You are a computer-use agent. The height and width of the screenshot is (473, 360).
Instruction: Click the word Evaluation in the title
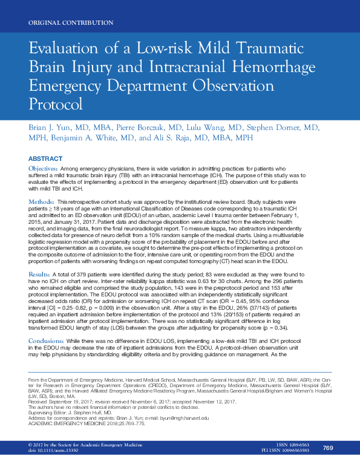tap(64, 50)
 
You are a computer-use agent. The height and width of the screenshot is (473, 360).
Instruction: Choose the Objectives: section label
tap(44, 168)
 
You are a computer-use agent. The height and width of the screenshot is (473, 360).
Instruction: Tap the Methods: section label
tap(42, 200)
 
